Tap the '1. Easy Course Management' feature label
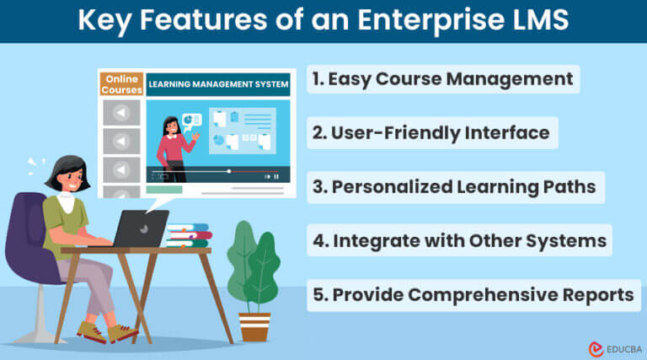443,80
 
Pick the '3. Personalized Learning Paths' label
456,187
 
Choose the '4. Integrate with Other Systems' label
459,241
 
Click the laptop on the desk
141,228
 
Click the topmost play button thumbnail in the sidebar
121,112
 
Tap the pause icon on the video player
276,177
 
